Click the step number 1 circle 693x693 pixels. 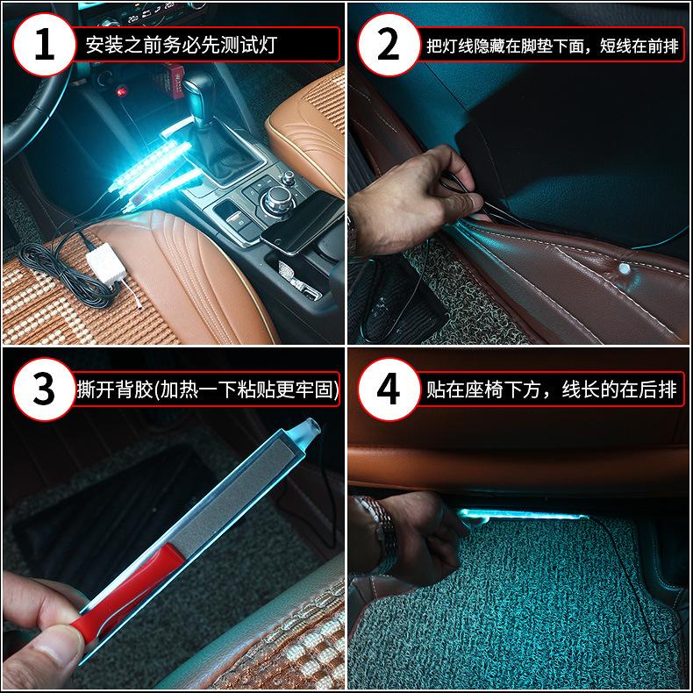pos(44,44)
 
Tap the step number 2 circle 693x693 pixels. pos(389,44)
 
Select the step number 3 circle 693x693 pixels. pos(44,389)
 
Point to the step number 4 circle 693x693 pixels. pos(389,389)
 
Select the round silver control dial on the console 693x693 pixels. pos(277,200)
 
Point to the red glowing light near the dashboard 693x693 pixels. pos(121,91)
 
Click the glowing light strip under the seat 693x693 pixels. pos(522,515)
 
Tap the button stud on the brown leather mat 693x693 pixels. pos(624,268)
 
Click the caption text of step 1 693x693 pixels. pos(182,45)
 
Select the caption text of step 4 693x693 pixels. pos(551,389)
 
